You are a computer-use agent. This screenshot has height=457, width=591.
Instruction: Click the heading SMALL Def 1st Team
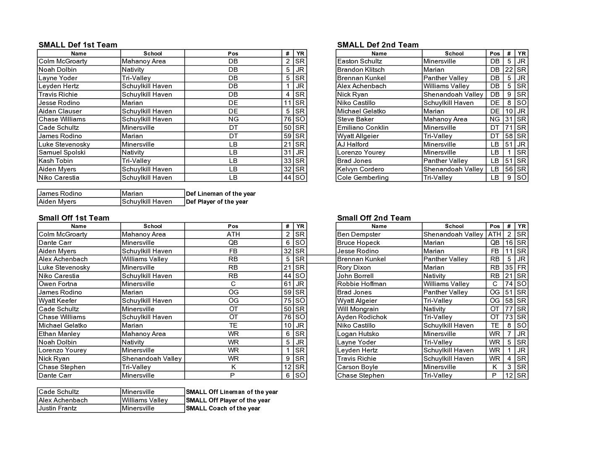[x=78, y=45]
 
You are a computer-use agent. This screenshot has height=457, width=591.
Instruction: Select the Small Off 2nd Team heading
[x=374, y=218]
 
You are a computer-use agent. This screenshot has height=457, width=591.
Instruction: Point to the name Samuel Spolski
[x=62, y=152]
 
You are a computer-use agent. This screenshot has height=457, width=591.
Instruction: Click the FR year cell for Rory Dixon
[x=521, y=268]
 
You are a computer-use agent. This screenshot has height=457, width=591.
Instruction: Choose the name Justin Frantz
[x=58, y=408]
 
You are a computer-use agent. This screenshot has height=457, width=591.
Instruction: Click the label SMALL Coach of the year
[x=223, y=408]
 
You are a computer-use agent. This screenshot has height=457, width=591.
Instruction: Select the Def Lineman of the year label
[x=220, y=194]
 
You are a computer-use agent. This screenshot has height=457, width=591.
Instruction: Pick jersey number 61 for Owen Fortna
[x=287, y=284]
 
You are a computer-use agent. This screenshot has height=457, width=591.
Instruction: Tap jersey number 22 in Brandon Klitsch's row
[x=508, y=70]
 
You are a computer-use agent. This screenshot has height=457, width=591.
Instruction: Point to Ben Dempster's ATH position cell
[x=494, y=234]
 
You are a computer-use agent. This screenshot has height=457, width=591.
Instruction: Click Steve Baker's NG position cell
[x=494, y=119]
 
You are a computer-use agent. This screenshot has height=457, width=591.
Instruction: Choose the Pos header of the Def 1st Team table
[x=233, y=53]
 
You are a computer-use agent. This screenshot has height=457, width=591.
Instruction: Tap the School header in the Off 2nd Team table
[x=454, y=226]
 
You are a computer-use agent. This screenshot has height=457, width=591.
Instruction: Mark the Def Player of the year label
[x=217, y=202]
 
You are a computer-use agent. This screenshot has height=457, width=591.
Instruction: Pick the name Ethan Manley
[x=59, y=334]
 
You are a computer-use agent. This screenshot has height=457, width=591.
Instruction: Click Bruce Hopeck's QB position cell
[x=494, y=243]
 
